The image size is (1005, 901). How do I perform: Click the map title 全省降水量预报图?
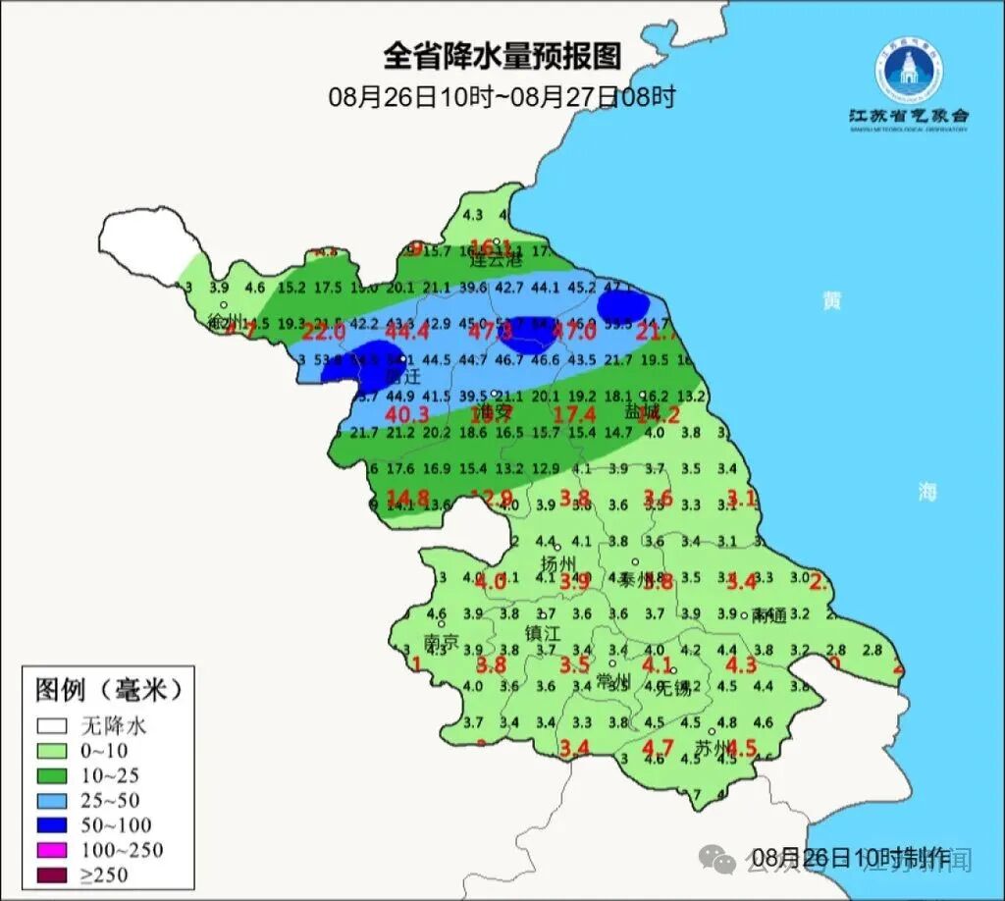click(x=502, y=56)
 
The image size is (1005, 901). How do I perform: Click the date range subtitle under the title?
click(x=502, y=97)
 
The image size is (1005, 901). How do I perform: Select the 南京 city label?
click(x=441, y=642)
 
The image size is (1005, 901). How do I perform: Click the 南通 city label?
click(x=768, y=616)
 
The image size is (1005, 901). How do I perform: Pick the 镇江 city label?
click(x=543, y=633)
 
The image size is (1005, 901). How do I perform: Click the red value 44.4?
click(x=408, y=332)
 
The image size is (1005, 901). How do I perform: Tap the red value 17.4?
click(x=574, y=415)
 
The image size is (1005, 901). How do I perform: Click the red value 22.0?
click(x=324, y=332)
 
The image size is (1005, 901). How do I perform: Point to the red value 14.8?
click(x=407, y=498)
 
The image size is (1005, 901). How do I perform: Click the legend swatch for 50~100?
click(x=53, y=824)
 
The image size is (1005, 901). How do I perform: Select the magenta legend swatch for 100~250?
click(x=53, y=849)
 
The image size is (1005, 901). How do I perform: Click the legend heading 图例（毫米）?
click(x=108, y=690)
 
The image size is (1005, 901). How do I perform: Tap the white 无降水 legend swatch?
click(x=53, y=727)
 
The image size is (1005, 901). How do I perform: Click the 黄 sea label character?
click(x=832, y=300)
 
